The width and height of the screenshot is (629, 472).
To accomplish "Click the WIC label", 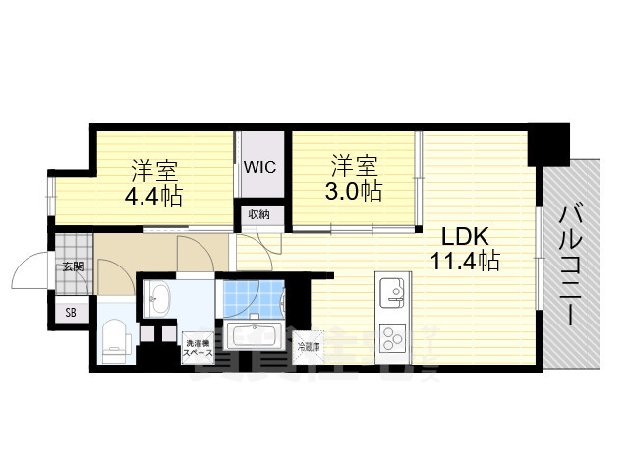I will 259,166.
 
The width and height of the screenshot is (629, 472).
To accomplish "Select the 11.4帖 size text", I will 464,262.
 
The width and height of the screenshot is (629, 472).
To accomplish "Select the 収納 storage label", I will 259,214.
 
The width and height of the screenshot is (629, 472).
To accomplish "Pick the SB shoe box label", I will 71,312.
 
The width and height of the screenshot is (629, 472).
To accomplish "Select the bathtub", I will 255,339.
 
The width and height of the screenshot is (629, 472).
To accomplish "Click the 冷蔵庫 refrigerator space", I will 309,346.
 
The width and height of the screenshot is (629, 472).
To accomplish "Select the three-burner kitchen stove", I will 392,338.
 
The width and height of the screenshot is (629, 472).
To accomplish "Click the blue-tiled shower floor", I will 250,295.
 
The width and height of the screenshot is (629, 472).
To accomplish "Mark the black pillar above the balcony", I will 547,144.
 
